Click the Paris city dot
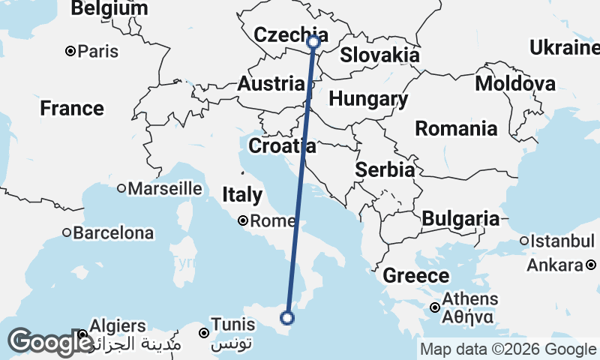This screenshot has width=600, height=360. (70, 52)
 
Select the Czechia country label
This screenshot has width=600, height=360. (291, 34)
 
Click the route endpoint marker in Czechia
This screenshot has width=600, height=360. (314, 43)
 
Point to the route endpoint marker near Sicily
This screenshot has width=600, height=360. (286, 318)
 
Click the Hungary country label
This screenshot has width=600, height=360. (368, 99)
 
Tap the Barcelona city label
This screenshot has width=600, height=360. (112, 232)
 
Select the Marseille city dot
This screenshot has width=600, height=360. (121, 188)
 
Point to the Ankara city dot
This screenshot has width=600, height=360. (591, 265)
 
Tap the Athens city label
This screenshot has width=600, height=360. (470, 299)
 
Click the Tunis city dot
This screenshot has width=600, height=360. (203, 332)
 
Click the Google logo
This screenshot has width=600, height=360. (49, 341)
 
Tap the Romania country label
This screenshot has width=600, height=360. (456, 128)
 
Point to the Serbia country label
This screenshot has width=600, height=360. (385, 169)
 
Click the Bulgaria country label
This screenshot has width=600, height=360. (460, 219)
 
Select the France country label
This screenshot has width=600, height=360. (72, 109)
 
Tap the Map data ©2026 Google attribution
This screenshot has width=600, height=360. (508, 349)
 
